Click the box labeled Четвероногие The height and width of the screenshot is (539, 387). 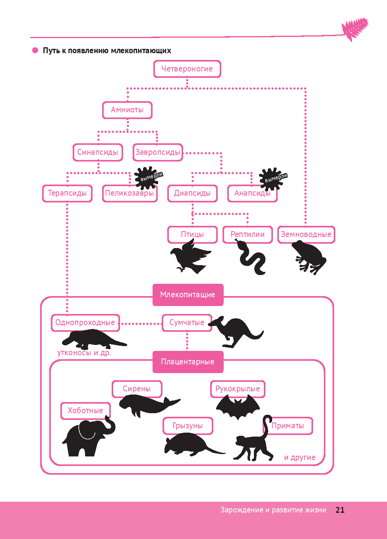click(187, 69)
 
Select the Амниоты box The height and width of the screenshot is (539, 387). click(127, 110)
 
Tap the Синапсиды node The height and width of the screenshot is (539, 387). click(98, 152)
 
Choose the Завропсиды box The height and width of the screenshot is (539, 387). click(158, 152)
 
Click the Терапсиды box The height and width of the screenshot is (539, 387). click(67, 193)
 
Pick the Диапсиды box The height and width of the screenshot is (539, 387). click(192, 193)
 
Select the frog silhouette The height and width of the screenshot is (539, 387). click(310, 257)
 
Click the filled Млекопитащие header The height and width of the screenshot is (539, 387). click(188, 295)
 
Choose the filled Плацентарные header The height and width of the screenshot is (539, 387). click(188, 362)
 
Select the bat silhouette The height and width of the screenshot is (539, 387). click(238, 407)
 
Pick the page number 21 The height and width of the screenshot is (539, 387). click(340, 510)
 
